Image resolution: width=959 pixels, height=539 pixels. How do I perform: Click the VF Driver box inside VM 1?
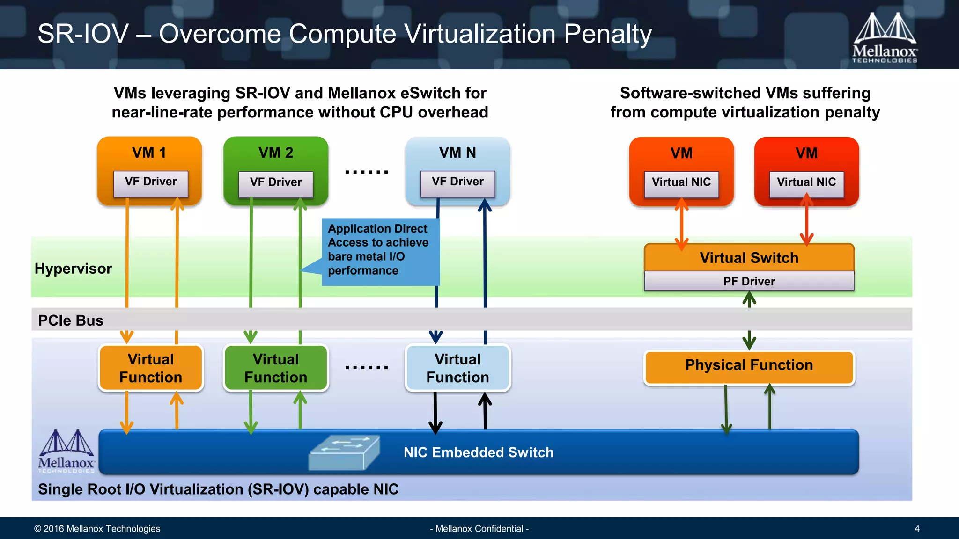(150, 183)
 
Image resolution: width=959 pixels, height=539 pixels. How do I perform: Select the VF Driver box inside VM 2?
(276, 183)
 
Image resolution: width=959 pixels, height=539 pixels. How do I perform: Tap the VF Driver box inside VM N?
(457, 183)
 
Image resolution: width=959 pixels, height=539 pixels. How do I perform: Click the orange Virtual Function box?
(151, 368)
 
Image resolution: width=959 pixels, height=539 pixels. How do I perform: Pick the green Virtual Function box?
(276, 368)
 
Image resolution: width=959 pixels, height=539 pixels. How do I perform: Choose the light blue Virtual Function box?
(457, 368)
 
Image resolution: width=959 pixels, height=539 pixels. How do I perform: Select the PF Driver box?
(749, 281)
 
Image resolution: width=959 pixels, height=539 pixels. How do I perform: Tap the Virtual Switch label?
(749, 258)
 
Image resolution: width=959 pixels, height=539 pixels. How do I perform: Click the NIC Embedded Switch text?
(479, 452)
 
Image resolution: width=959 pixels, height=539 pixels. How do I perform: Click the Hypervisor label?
(73, 269)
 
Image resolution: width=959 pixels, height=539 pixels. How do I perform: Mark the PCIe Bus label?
(71, 320)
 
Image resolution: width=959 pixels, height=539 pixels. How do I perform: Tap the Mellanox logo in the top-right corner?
(885, 38)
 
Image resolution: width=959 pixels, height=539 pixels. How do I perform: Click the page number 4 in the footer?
(917, 529)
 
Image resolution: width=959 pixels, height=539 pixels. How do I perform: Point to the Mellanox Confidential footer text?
(479, 529)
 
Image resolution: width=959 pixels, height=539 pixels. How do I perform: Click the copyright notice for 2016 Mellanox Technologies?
(97, 529)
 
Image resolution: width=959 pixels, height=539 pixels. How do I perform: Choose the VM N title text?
(457, 153)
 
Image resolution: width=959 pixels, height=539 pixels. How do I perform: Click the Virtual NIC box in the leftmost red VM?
(681, 183)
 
